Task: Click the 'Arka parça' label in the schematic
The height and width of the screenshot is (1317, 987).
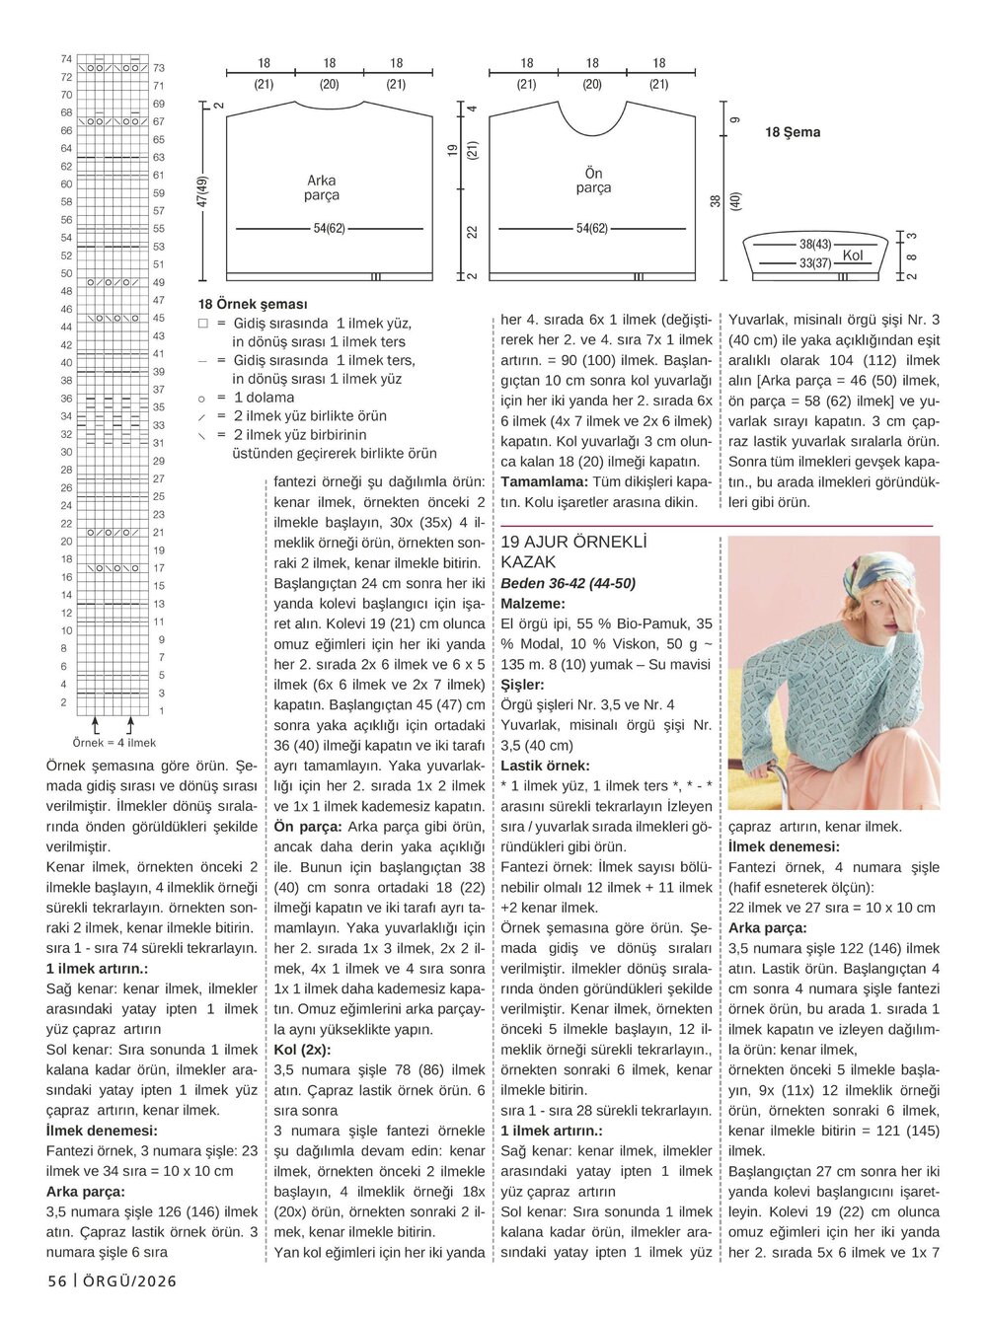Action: tap(322, 187)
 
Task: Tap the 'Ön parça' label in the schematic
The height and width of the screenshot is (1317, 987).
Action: tap(592, 181)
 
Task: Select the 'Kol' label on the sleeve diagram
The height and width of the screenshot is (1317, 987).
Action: tap(853, 256)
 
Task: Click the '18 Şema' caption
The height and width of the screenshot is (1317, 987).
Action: tap(793, 132)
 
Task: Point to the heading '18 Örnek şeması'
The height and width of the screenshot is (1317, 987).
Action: tap(253, 305)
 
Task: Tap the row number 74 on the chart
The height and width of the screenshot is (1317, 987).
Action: tap(66, 59)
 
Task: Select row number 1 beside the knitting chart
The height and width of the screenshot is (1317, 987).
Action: tap(161, 710)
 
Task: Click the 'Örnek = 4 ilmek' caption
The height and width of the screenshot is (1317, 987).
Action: tap(114, 743)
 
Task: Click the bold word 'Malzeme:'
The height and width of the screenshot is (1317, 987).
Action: tap(533, 603)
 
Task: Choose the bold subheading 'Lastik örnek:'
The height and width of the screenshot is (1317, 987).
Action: tap(546, 765)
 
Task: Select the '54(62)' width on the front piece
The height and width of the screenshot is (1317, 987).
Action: tap(592, 228)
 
